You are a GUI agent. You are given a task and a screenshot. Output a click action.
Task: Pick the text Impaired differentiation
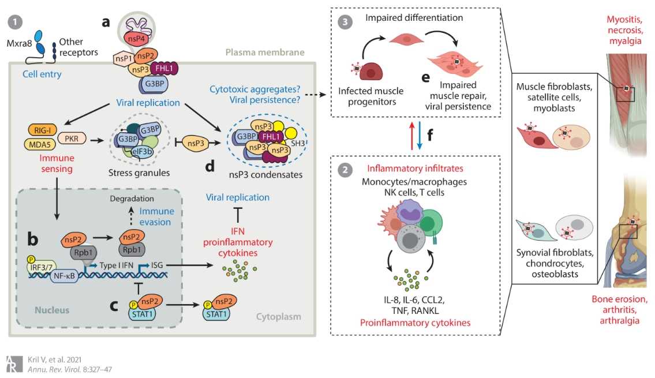(x=414, y=18)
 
